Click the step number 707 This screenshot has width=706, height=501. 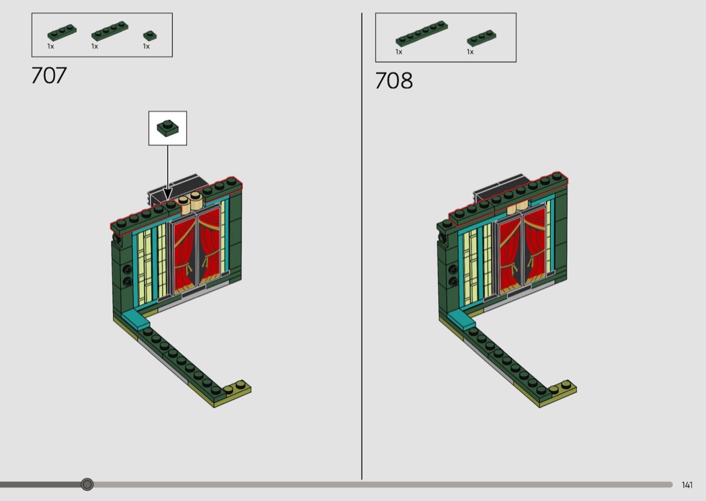tap(49, 76)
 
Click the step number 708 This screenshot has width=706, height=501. tap(393, 81)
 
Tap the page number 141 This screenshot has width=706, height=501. tap(687, 485)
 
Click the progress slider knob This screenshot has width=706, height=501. tap(87, 484)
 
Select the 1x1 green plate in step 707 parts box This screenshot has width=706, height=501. tap(150, 36)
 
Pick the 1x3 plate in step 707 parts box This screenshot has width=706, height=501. tap(62, 32)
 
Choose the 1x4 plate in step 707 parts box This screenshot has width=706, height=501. tap(110, 31)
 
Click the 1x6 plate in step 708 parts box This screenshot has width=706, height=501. tap(422, 34)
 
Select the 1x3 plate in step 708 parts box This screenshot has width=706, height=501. tap(481, 38)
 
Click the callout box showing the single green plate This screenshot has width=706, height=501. tap(167, 128)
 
